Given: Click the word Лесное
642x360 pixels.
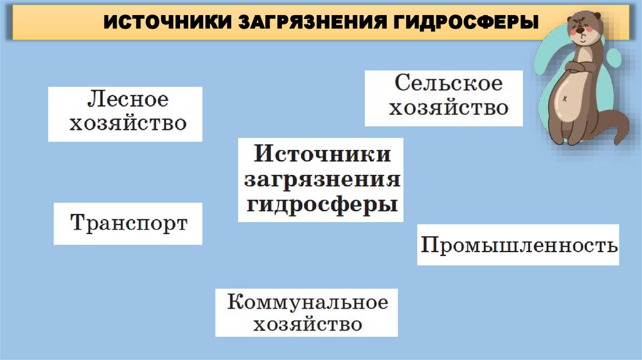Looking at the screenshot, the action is tap(128, 100).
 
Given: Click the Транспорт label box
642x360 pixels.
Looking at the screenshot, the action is tap(129, 223).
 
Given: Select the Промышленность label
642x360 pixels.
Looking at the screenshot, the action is tap(518, 245).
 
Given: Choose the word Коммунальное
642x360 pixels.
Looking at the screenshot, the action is tap(307, 302).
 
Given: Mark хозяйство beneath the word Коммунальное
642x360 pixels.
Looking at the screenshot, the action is tap(307, 324).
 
